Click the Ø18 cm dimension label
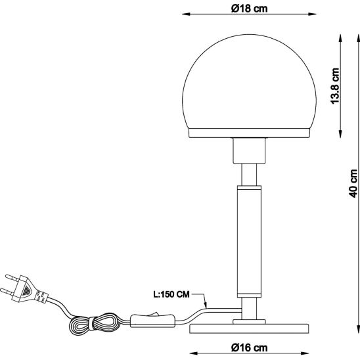tap(250, 9)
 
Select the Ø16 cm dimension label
tap(250, 348)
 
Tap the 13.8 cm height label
tap(335, 86)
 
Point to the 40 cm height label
tap(353, 183)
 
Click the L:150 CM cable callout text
tap(171, 294)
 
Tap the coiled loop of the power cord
tap(95, 324)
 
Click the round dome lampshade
tap(250, 81)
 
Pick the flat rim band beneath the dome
tap(250, 133)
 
